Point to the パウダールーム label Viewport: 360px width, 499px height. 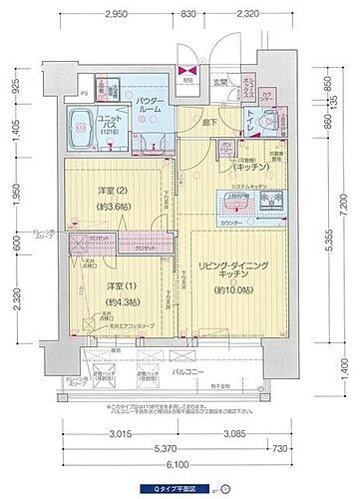click(143, 105)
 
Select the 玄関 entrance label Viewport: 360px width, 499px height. click(221, 82)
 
